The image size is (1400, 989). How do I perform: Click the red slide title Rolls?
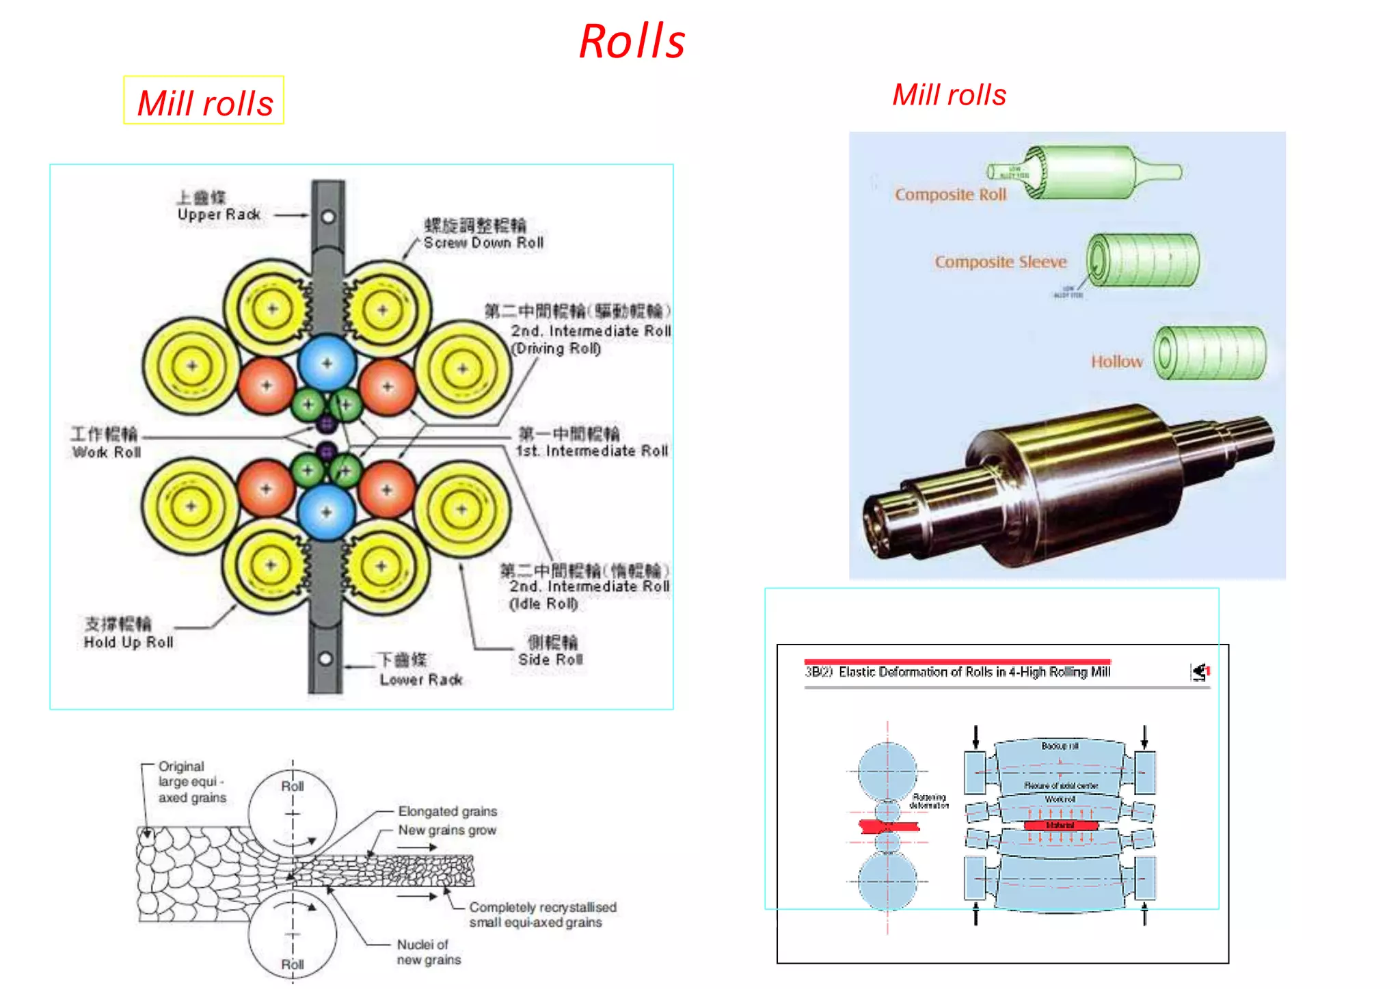click(x=632, y=42)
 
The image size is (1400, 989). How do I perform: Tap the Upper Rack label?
click(x=219, y=214)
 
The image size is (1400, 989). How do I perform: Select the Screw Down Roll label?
click(x=483, y=243)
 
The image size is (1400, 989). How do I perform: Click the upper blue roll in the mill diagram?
click(x=327, y=363)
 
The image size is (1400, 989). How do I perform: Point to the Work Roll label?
click(x=107, y=452)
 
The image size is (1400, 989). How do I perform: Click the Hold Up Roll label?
click(x=129, y=642)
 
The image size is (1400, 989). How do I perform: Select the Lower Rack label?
click(x=421, y=679)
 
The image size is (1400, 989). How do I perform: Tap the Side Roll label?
click(x=550, y=659)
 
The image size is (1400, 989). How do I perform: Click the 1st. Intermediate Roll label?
click(x=592, y=450)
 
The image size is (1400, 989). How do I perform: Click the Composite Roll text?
click(x=950, y=195)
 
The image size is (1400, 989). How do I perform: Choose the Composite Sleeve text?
click(x=1000, y=262)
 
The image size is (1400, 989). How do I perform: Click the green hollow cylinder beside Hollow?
click(x=1209, y=353)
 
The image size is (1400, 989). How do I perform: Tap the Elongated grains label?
click(x=447, y=811)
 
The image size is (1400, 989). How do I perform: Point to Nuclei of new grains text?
click(x=429, y=952)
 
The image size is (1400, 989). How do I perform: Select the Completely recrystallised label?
click(x=542, y=907)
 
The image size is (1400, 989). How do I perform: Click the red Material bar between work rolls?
click(x=1060, y=826)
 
